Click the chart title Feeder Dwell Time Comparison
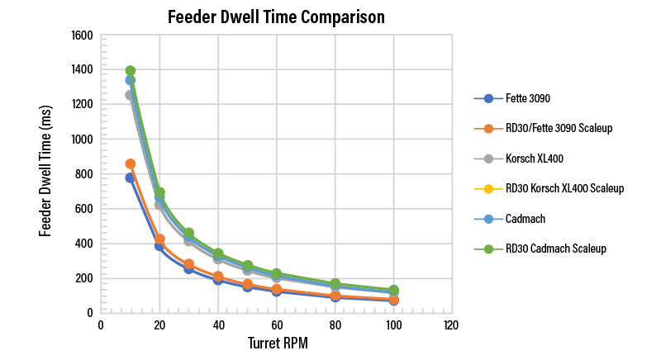point(276,17)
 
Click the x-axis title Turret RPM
point(278,343)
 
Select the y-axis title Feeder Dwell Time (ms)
point(45,171)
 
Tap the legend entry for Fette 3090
point(512,98)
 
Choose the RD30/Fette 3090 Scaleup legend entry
point(543,128)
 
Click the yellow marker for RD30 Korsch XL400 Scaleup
point(488,188)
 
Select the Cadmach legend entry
point(510,219)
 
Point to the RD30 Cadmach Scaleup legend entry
point(540,249)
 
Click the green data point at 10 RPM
point(131,70)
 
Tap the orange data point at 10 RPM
point(131,163)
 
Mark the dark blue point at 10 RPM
point(130,178)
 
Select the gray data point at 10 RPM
point(130,95)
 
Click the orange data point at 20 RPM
point(159,239)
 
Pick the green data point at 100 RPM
point(394,290)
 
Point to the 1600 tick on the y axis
point(82,36)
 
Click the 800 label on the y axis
point(84,174)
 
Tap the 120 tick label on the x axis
point(451,325)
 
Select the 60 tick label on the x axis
point(277,325)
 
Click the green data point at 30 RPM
point(189,233)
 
